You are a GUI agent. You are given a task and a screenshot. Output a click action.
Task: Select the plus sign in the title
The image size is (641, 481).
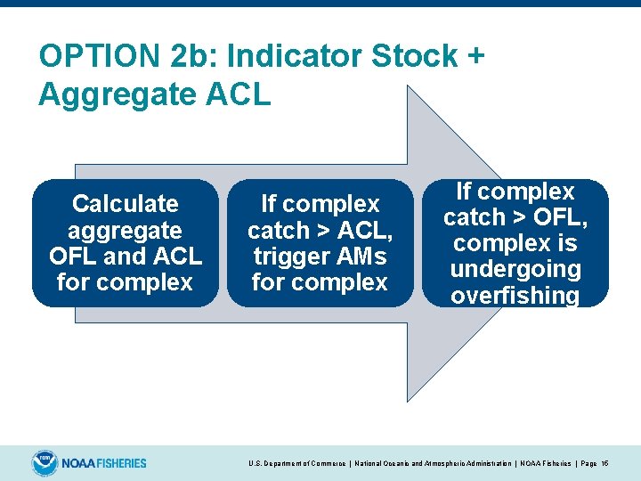(x=475, y=56)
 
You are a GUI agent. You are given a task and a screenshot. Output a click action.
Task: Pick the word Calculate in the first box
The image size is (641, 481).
(x=125, y=204)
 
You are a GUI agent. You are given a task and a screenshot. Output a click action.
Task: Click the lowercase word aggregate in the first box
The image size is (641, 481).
(x=125, y=231)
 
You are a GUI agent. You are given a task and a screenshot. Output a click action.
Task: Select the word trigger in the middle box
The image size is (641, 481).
(x=285, y=257)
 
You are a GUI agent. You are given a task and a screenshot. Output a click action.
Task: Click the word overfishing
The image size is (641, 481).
(x=515, y=296)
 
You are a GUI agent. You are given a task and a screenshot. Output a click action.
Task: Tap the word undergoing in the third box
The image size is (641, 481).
(x=515, y=269)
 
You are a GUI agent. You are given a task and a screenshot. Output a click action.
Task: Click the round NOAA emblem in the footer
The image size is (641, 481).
(x=44, y=463)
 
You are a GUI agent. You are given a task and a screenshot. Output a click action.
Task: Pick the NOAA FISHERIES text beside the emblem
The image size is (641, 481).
(x=104, y=463)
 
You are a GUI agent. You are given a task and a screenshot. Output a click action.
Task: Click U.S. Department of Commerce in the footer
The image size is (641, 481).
(x=296, y=464)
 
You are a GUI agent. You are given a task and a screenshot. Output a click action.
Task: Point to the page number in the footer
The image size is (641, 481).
(x=605, y=464)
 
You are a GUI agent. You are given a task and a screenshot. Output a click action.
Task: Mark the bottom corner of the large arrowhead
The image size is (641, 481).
(x=408, y=402)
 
